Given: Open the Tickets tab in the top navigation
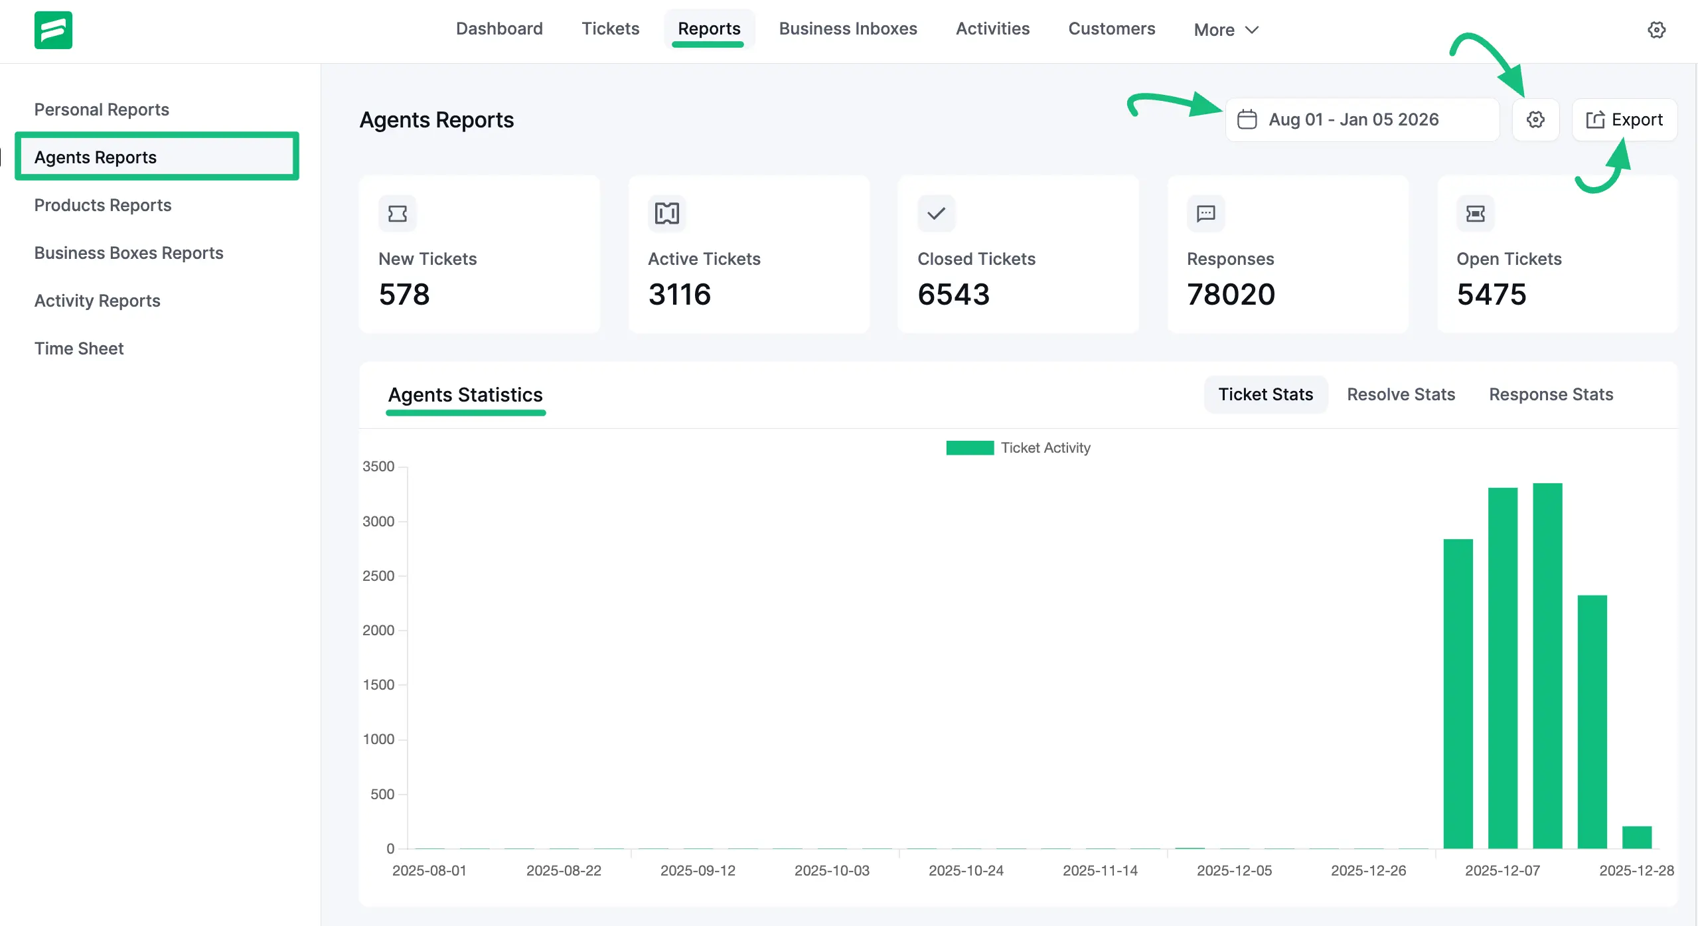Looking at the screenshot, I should (x=610, y=29).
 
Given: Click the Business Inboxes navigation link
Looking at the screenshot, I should (x=848, y=29).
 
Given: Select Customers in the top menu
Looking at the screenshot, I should (x=1111, y=29).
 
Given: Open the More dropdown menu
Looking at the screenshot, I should (x=1225, y=30).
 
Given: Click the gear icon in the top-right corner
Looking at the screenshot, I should (x=1656, y=30).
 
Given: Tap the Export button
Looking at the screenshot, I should (x=1624, y=119).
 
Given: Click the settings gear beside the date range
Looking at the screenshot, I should (x=1535, y=119).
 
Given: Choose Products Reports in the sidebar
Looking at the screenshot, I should (x=103, y=205).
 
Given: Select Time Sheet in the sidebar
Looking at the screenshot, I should (x=79, y=348).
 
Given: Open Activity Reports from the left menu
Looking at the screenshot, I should (x=98, y=301).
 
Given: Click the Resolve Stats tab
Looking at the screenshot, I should (x=1401, y=394).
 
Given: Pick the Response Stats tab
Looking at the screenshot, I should (x=1551, y=394).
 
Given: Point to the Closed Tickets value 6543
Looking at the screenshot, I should (x=953, y=294).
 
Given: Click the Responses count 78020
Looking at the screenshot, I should (x=1231, y=294).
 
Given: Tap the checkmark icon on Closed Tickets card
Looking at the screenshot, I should (x=936, y=213).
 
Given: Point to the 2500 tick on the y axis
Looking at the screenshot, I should (x=378, y=576).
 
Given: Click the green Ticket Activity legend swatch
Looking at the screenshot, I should (x=969, y=448).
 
